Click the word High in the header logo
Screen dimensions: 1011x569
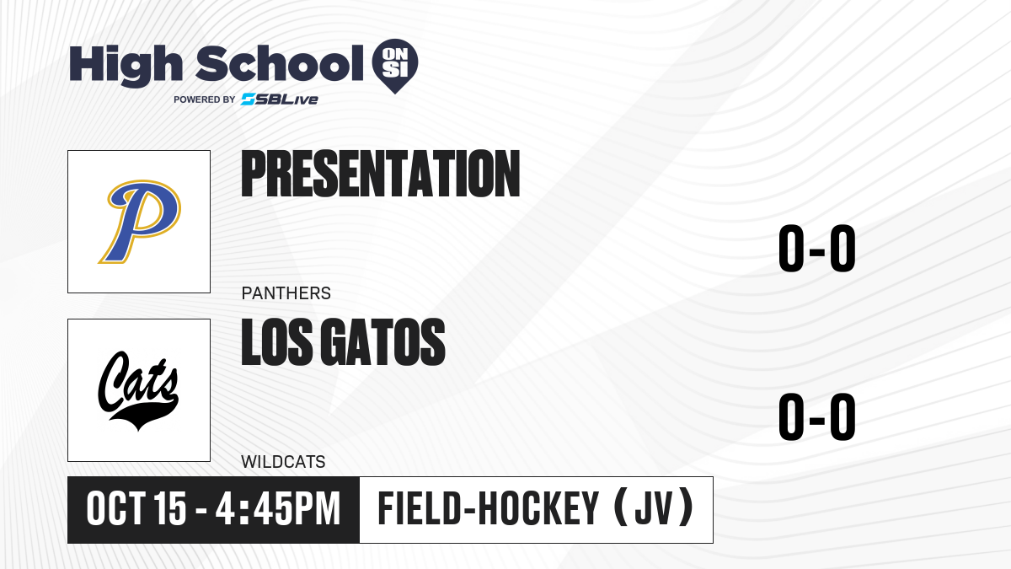126,65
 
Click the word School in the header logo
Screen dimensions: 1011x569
280,63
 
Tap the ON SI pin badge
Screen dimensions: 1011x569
395,66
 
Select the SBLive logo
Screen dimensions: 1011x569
280,99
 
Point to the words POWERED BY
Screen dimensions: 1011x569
205,99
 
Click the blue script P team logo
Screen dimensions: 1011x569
140,221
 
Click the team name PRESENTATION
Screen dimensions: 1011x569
381,174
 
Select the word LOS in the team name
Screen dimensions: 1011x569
276,342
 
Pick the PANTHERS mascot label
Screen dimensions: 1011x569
286,293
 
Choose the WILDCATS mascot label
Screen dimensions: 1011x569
283,462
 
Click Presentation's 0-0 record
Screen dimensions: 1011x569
817,249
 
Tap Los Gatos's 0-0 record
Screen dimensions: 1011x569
817,416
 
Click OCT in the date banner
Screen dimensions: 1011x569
116,508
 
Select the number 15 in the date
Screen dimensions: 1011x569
169,508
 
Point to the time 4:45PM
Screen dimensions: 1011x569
277,508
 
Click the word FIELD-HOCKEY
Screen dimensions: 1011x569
489,508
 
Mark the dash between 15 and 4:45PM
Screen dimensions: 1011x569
201,512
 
